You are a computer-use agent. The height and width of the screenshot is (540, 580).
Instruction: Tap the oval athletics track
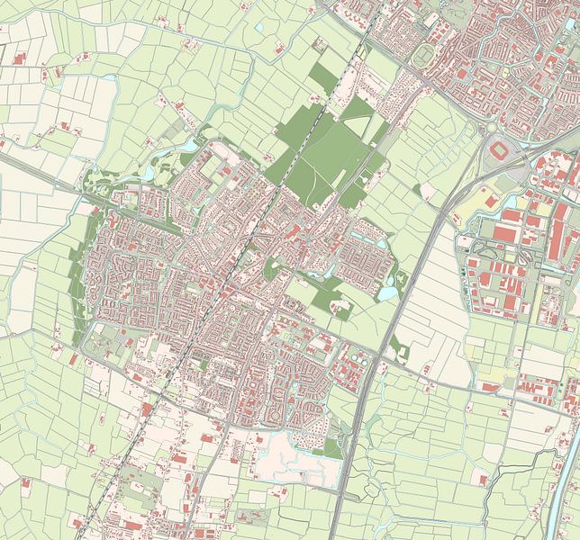(424, 56)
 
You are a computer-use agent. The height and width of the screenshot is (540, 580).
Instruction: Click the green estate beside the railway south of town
(135, 490)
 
